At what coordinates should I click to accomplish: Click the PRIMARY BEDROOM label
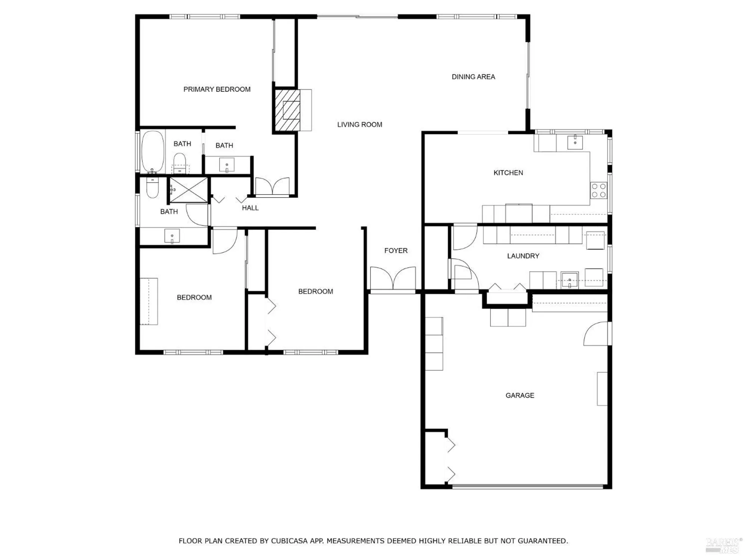point(217,89)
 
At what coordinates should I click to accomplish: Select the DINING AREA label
point(473,77)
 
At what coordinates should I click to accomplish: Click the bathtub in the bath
point(152,151)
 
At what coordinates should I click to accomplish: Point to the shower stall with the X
point(189,190)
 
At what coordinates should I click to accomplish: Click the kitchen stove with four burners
point(598,190)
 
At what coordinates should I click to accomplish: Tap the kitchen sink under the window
point(575,142)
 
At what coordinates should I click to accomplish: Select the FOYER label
point(396,251)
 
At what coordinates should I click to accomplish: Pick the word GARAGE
point(520,395)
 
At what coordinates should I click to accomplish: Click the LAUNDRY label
point(523,256)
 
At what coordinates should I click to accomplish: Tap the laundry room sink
point(570,280)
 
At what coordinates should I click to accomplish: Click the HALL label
point(250,208)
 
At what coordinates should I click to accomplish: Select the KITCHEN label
point(508,173)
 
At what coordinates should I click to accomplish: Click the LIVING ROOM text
point(359,125)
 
